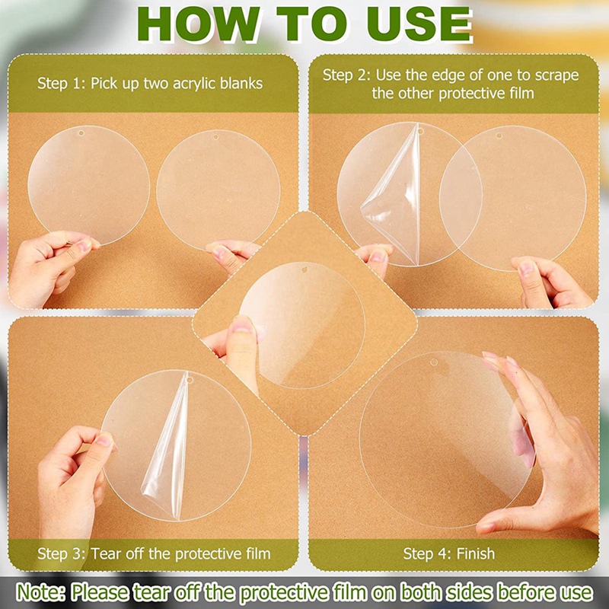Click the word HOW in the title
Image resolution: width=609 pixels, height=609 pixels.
point(198,24)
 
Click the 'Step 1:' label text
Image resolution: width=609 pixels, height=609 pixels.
point(62,84)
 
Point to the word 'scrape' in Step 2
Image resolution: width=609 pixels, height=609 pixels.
point(556,75)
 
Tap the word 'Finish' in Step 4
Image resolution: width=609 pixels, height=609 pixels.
point(476,553)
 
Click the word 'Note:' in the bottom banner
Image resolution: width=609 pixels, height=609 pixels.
point(41,593)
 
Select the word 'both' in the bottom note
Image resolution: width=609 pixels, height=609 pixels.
point(421,593)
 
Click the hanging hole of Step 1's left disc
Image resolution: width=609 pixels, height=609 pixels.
point(81,133)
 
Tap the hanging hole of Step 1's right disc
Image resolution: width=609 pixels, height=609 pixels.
point(216,137)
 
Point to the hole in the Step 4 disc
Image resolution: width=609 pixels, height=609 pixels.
point(434,362)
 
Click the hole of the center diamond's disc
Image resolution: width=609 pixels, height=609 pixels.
point(304,269)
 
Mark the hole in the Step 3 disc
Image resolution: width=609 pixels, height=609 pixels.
point(190,379)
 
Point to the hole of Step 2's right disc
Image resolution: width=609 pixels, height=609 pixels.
point(499,136)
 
